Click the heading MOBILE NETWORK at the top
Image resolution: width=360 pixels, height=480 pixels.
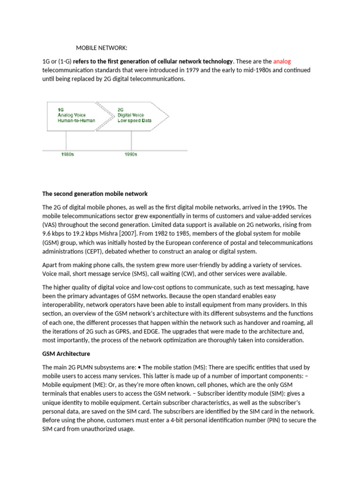tap(102, 48)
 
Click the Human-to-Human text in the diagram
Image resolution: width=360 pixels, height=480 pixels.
tap(76, 120)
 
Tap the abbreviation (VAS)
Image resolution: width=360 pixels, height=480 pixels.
tap(51, 225)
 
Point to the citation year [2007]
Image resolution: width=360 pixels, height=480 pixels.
tap(135, 233)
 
